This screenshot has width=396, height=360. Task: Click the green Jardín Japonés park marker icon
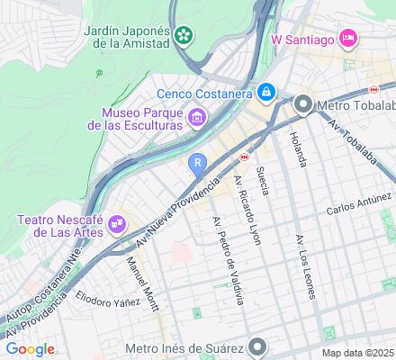(184, 35)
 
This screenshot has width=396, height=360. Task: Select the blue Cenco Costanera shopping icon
(266, 91)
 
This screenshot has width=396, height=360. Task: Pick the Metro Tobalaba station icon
(303, 106)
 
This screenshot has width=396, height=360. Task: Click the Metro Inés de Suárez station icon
(258, 346)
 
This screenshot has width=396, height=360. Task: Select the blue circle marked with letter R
(197, 162)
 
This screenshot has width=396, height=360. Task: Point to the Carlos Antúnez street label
(356, 210)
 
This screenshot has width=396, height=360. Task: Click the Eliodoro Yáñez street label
(108, 298)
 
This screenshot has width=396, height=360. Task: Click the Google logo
(30, 349)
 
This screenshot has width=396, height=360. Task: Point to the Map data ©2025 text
(357, 353)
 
